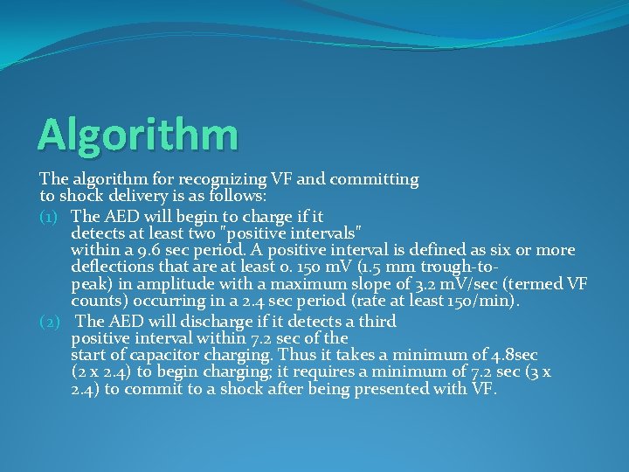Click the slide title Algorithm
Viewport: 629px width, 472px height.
[x=137, y=135]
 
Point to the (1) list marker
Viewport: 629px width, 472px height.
[x=52, y=215]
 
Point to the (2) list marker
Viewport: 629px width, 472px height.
[x=52, y=321]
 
